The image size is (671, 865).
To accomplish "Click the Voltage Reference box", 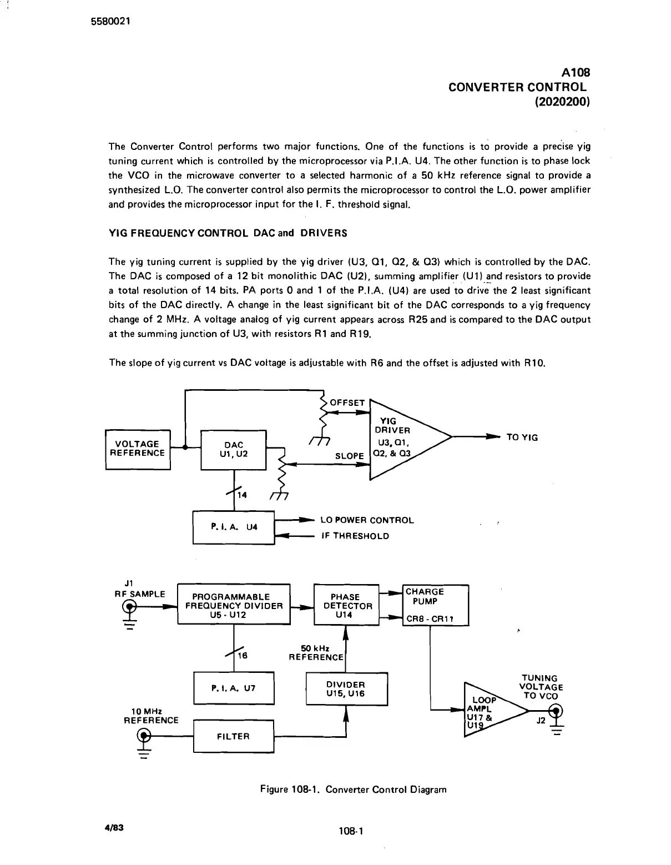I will [x=138, y=449].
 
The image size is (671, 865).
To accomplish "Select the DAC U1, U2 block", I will [x=234, y=449].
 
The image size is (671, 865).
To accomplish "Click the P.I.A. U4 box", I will [x=234, y=527].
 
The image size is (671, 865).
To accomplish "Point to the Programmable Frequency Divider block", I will [x=234, y=604].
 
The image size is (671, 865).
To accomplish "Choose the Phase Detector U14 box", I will [x=347, y=604].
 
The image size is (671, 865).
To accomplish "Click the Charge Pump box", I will [x=436, y=605].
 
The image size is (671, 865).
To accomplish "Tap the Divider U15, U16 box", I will [x=346, y=689].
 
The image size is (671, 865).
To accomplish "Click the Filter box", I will [x=234, y=736].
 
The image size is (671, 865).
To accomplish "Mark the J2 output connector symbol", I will [x=554, y=710].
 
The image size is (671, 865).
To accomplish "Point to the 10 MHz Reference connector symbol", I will [x=144, y=736].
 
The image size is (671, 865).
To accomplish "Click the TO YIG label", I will [x=522, y=437].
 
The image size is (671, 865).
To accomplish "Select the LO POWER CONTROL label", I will [x=367, y=520].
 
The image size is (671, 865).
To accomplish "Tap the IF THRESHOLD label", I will [x=355, y=536].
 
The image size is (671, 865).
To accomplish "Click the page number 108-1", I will [x=350, y=831].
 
